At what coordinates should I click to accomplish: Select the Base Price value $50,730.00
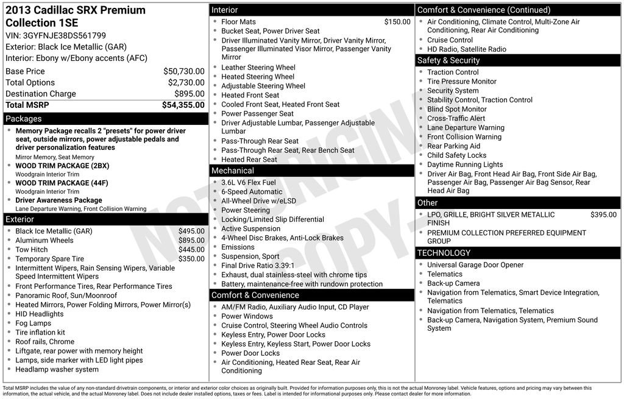[183, 71]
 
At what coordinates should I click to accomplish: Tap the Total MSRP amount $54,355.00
[183, 105]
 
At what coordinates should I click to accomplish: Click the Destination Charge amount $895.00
[189, 94]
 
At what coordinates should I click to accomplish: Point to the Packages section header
[24, 119]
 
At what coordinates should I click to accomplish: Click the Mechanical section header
[233, 171]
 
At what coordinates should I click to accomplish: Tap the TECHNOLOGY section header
[444, 253]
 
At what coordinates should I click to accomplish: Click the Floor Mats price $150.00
[397, 22]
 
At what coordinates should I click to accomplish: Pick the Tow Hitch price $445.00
[191, 250]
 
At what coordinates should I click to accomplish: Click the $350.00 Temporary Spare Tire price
[191, 259]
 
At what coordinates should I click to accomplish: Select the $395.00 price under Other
[603, 214]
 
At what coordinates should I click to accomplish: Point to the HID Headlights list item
[39, 314]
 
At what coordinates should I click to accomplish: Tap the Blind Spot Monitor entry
[457, 109]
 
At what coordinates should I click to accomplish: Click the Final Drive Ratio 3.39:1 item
[258, 266]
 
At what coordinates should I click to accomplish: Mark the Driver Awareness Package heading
[58, 200]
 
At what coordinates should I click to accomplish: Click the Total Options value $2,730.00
[186, 83]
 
